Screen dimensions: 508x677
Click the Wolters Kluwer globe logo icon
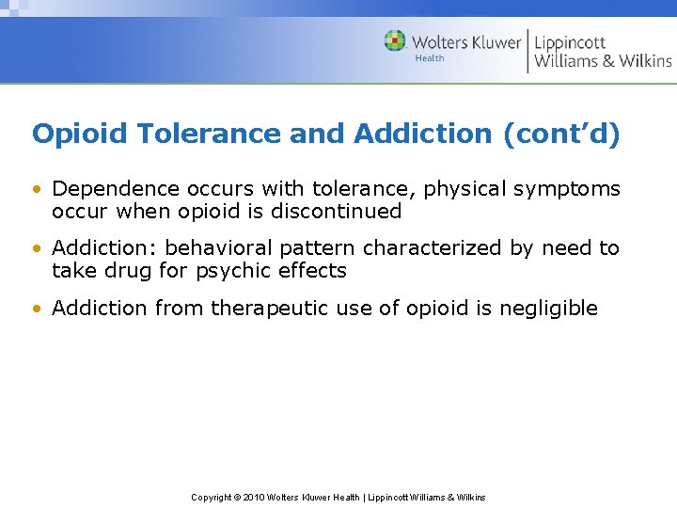(x=395, y=41)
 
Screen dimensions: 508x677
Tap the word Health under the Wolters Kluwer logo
(x=429, y=58)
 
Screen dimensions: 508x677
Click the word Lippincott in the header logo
(x=570, y=41)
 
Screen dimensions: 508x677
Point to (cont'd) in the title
(x=562, y=135)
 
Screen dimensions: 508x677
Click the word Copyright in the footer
(x=212, y=497)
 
